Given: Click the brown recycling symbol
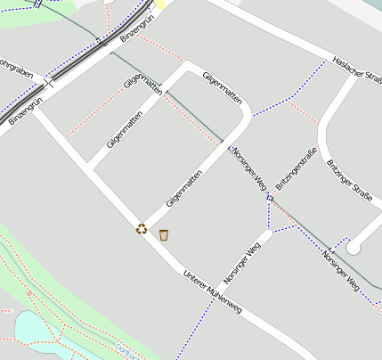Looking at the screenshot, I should (142, 229).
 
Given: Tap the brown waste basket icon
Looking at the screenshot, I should (164, 235).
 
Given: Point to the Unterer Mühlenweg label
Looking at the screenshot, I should (212, 290).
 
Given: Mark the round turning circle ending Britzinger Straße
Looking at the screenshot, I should (354, 247).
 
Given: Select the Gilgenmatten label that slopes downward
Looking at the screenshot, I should (223, 88).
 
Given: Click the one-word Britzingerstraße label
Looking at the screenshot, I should (297, 169).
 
